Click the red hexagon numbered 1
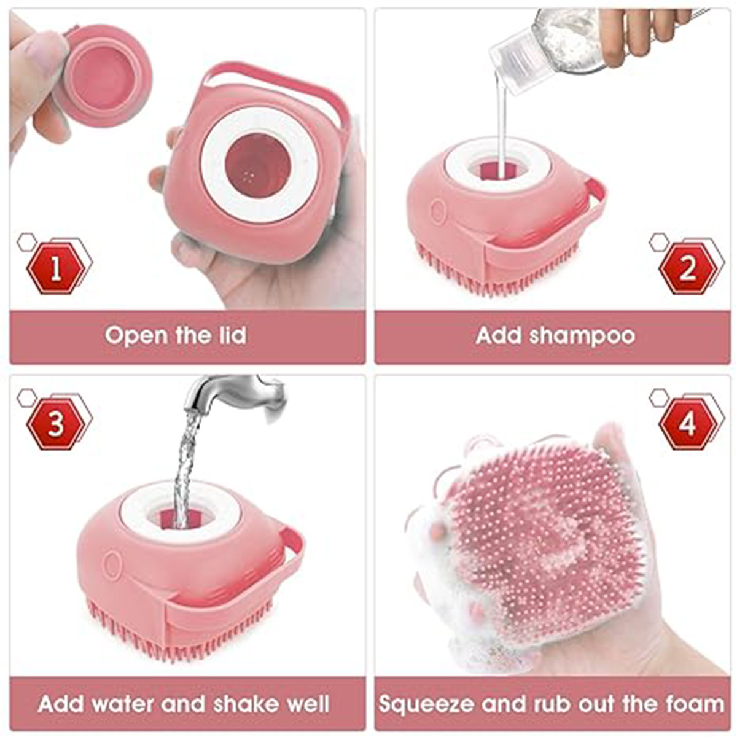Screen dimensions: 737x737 56,268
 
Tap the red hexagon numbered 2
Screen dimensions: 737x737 687,268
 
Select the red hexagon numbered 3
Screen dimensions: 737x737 56,424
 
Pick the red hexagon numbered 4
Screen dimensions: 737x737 688,424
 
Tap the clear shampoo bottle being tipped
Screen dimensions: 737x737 547,43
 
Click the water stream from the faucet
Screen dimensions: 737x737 184,467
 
